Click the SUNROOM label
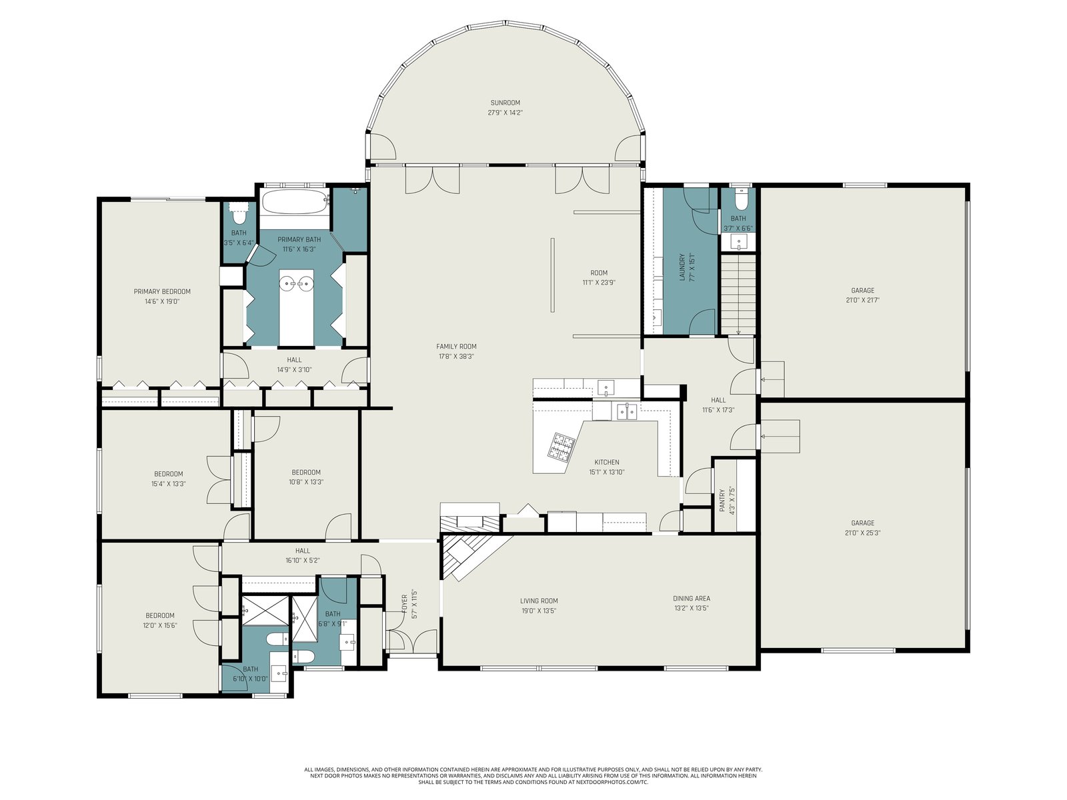point(505,103)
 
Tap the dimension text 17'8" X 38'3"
point(456,356)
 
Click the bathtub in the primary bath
point(295,201)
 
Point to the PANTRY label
point(722,500)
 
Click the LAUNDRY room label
point(682,267)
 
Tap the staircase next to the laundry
point(738,295)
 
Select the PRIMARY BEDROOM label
point(162,291)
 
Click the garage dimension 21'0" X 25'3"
point(863,533)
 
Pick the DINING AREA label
point(692,599)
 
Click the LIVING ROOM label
point(539,601)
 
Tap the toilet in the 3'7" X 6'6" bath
point(738,201)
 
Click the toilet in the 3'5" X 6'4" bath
point(239,212)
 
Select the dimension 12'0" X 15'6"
point(160,625)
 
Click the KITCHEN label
point(607,462)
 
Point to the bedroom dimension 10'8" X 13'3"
point(305,482)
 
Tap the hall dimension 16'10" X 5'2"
point(302,560)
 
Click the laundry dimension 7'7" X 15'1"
point(692,267)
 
